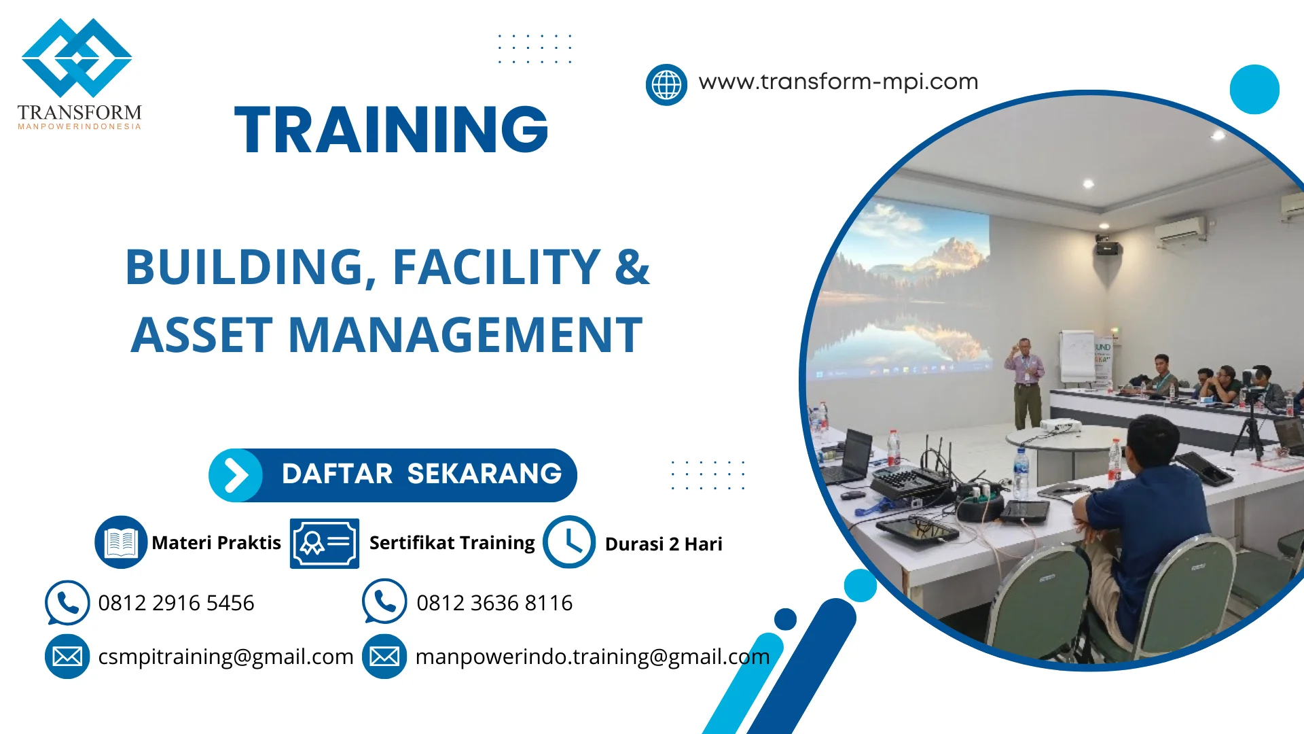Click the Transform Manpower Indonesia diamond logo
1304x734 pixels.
(x=77, y=58)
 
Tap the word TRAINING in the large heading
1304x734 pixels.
(x=391, y=130)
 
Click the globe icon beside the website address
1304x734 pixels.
(x=666, y=85)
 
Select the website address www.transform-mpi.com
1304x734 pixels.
(x=838, y=82)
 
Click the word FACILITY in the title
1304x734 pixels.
(x=496, y=266)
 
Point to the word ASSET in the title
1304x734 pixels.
(x=202, y=335)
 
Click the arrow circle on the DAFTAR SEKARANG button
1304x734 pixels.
(x=236, y=475)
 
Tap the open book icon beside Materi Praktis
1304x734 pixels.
(x=121, y=542)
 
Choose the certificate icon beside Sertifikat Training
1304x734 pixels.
(x=325, y=543)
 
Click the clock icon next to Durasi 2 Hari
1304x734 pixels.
(x=569, y=542)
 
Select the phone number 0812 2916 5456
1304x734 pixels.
(x=176, y=603)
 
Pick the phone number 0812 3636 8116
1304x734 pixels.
(x=494, y=603)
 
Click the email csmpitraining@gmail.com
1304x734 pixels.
(x=225, y=657)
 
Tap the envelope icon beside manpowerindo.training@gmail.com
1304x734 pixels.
(x=384, y=657)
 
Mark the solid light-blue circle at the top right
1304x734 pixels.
(x=1254, y=90)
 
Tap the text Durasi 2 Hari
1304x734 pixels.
(x=664, y=544)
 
